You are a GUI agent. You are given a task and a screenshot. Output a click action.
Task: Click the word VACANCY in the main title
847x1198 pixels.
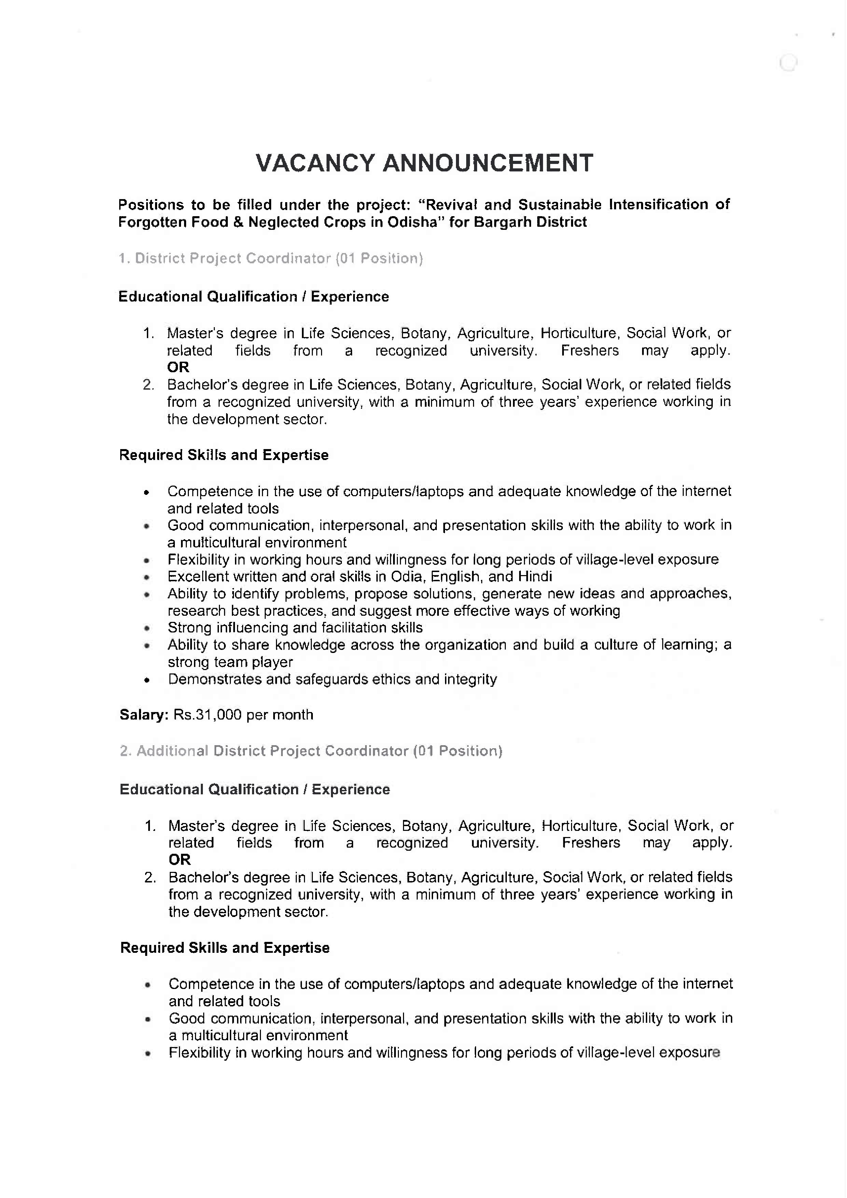(315, 163)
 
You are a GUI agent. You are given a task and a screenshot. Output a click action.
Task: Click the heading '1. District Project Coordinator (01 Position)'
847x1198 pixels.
(270, 258)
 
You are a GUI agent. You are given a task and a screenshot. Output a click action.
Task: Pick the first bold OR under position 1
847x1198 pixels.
(178, 367)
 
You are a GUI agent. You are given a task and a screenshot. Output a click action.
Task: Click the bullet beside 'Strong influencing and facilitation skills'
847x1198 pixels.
(147, 629)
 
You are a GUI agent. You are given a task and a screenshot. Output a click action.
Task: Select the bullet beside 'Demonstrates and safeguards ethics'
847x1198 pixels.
(147, 680)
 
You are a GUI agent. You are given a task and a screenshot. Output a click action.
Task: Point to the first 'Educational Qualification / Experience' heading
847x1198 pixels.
(254, 297)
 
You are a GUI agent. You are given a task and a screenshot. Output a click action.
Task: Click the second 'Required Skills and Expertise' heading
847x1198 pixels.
(225, 948)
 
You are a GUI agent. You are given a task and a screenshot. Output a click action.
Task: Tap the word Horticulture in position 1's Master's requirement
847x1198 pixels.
(579, 333)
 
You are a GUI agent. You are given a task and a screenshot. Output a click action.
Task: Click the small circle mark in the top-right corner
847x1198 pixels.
(788, 64)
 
